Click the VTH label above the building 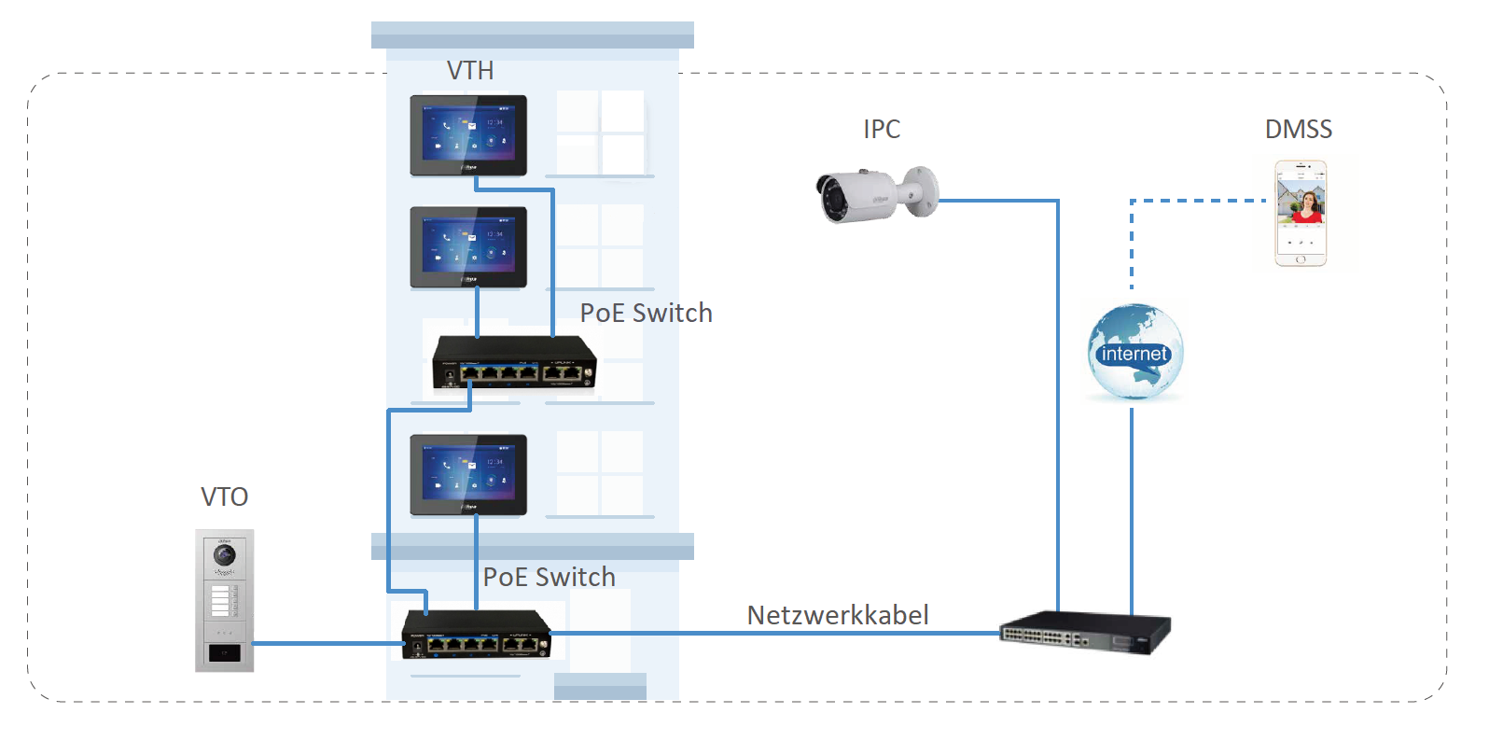[470, 71]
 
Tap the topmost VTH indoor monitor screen [468, 134]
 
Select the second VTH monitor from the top [468, 246]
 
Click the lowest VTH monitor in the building [468, 474]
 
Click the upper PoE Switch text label [646, 314]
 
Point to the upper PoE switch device [513, 363]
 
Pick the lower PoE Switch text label [549, 578]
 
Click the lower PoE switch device [476, 636]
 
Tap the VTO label [225, 497]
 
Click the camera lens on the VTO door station [225, 556]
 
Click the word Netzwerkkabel [837, 616]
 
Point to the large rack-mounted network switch [1084, 634]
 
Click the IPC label [882, 130]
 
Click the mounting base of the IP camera [924, 191]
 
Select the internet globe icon [1134, 353]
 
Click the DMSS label [1298, 130]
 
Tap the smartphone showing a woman [1301, 213]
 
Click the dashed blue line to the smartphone [1194, 201]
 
